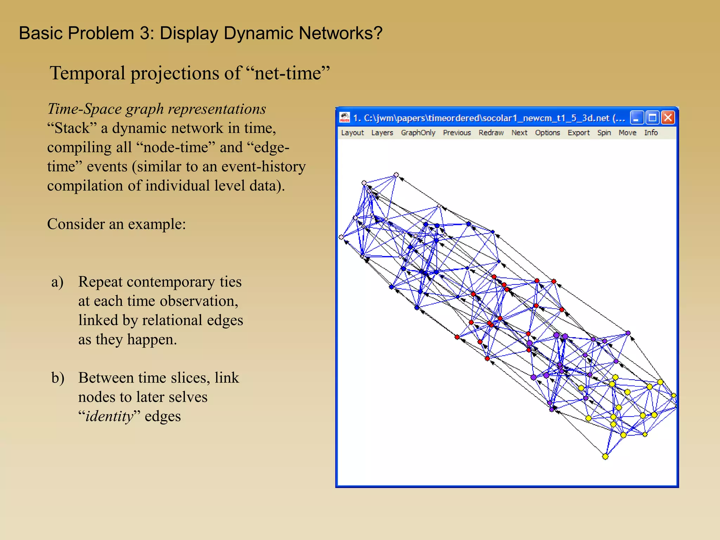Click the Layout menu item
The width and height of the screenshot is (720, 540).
(352, 133)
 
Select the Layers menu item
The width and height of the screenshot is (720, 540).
(382, 133)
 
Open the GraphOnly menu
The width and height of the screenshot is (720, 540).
(418, 133)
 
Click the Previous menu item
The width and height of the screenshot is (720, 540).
(457, 133)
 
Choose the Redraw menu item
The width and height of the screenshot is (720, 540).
(491, 133)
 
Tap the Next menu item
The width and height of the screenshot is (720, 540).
(519, 133)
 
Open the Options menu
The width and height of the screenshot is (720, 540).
(547, 133)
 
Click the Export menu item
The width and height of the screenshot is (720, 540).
(579, 133)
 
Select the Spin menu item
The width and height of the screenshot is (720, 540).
(604, 133)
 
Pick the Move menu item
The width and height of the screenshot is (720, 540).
(628, 133)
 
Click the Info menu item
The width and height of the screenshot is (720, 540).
(651, 133)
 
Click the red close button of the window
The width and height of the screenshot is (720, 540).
(668, 117)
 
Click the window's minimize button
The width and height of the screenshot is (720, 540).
(637, 117)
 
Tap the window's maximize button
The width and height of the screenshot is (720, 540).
(652, 117)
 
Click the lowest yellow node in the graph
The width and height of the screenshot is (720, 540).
(605, 457)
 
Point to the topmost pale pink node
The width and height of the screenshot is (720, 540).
(396, 175)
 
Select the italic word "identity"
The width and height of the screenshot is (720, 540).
(109, 416)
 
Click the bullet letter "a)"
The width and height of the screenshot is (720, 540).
(57, 282)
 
